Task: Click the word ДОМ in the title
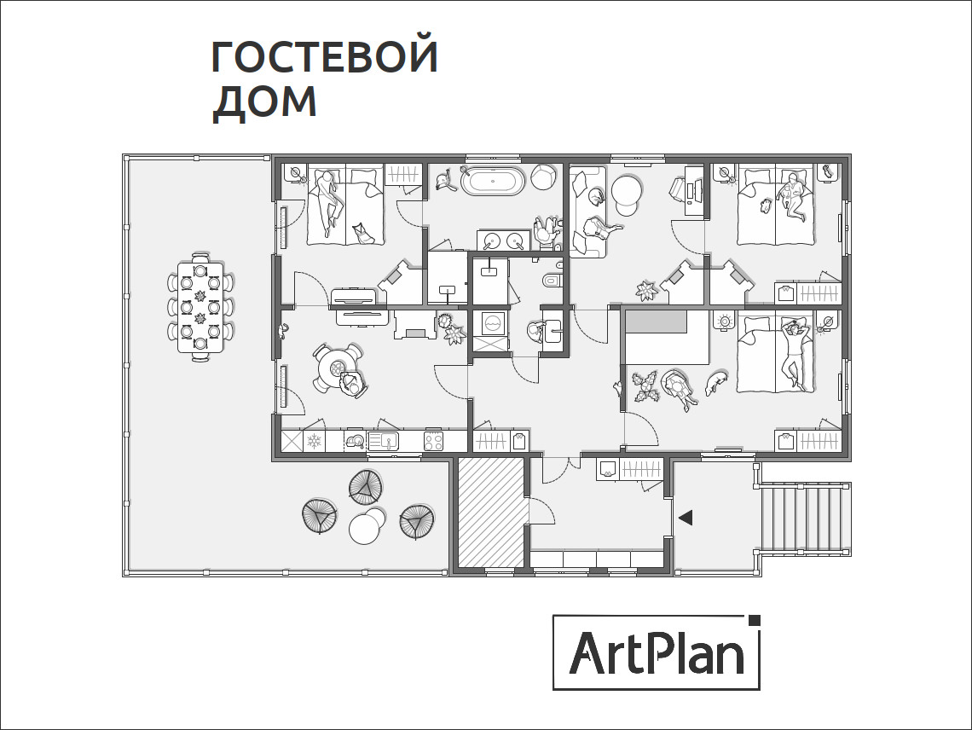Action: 264,101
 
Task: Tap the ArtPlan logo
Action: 657,652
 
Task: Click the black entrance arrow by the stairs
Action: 685,517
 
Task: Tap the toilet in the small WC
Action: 552,281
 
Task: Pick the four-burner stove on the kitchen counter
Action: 434,441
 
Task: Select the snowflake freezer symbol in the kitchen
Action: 314,441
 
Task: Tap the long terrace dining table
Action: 200,307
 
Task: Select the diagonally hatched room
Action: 490,512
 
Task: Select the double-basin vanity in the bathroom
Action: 503,241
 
